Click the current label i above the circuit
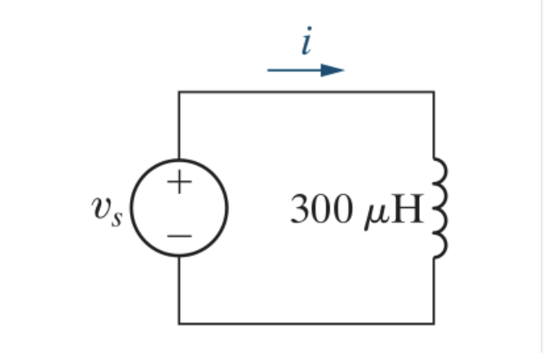coord(306,43)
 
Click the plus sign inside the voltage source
coord(179,182)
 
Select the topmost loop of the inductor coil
coord(441,170)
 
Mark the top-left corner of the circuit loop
coord(179,92)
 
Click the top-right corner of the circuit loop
coord(434,92)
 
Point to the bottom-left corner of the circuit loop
coord(179,323)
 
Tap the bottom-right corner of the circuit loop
coord(434,323)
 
